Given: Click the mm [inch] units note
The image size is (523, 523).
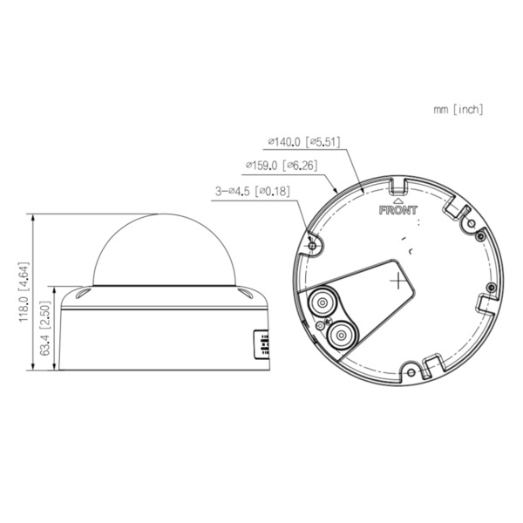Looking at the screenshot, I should coord(457,110).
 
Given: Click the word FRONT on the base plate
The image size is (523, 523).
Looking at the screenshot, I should coord(398,210).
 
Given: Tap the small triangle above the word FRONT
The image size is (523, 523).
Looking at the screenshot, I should coord(398,200).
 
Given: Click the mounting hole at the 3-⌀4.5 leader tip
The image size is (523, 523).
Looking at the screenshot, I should coord(313,246).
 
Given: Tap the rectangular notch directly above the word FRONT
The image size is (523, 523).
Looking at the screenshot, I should coord(397,186).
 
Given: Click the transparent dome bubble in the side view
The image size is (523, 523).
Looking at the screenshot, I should coord(163,248).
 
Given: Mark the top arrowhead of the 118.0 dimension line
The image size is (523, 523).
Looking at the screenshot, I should coord(32,215).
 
